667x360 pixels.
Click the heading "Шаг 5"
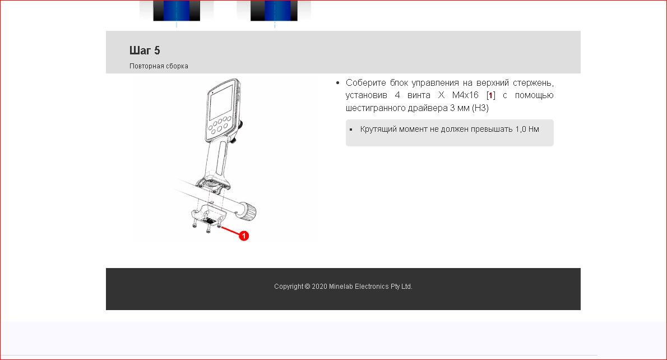(145, 50)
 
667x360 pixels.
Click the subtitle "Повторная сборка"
(159, 66)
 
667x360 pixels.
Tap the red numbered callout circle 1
(244, 236)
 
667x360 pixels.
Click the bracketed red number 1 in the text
(490, 95)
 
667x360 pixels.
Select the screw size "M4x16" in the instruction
(465, 95)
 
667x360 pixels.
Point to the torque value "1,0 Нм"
(527, 129)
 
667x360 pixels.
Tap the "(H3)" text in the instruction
(480, 108)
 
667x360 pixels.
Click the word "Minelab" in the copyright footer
(341, 287)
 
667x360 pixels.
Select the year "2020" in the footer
(319, 287)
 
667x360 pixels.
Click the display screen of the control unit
(221, 103)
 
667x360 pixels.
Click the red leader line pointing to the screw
(230, 231)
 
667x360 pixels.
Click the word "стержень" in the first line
(533, 82)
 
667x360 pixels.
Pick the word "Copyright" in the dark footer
(289, 287)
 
